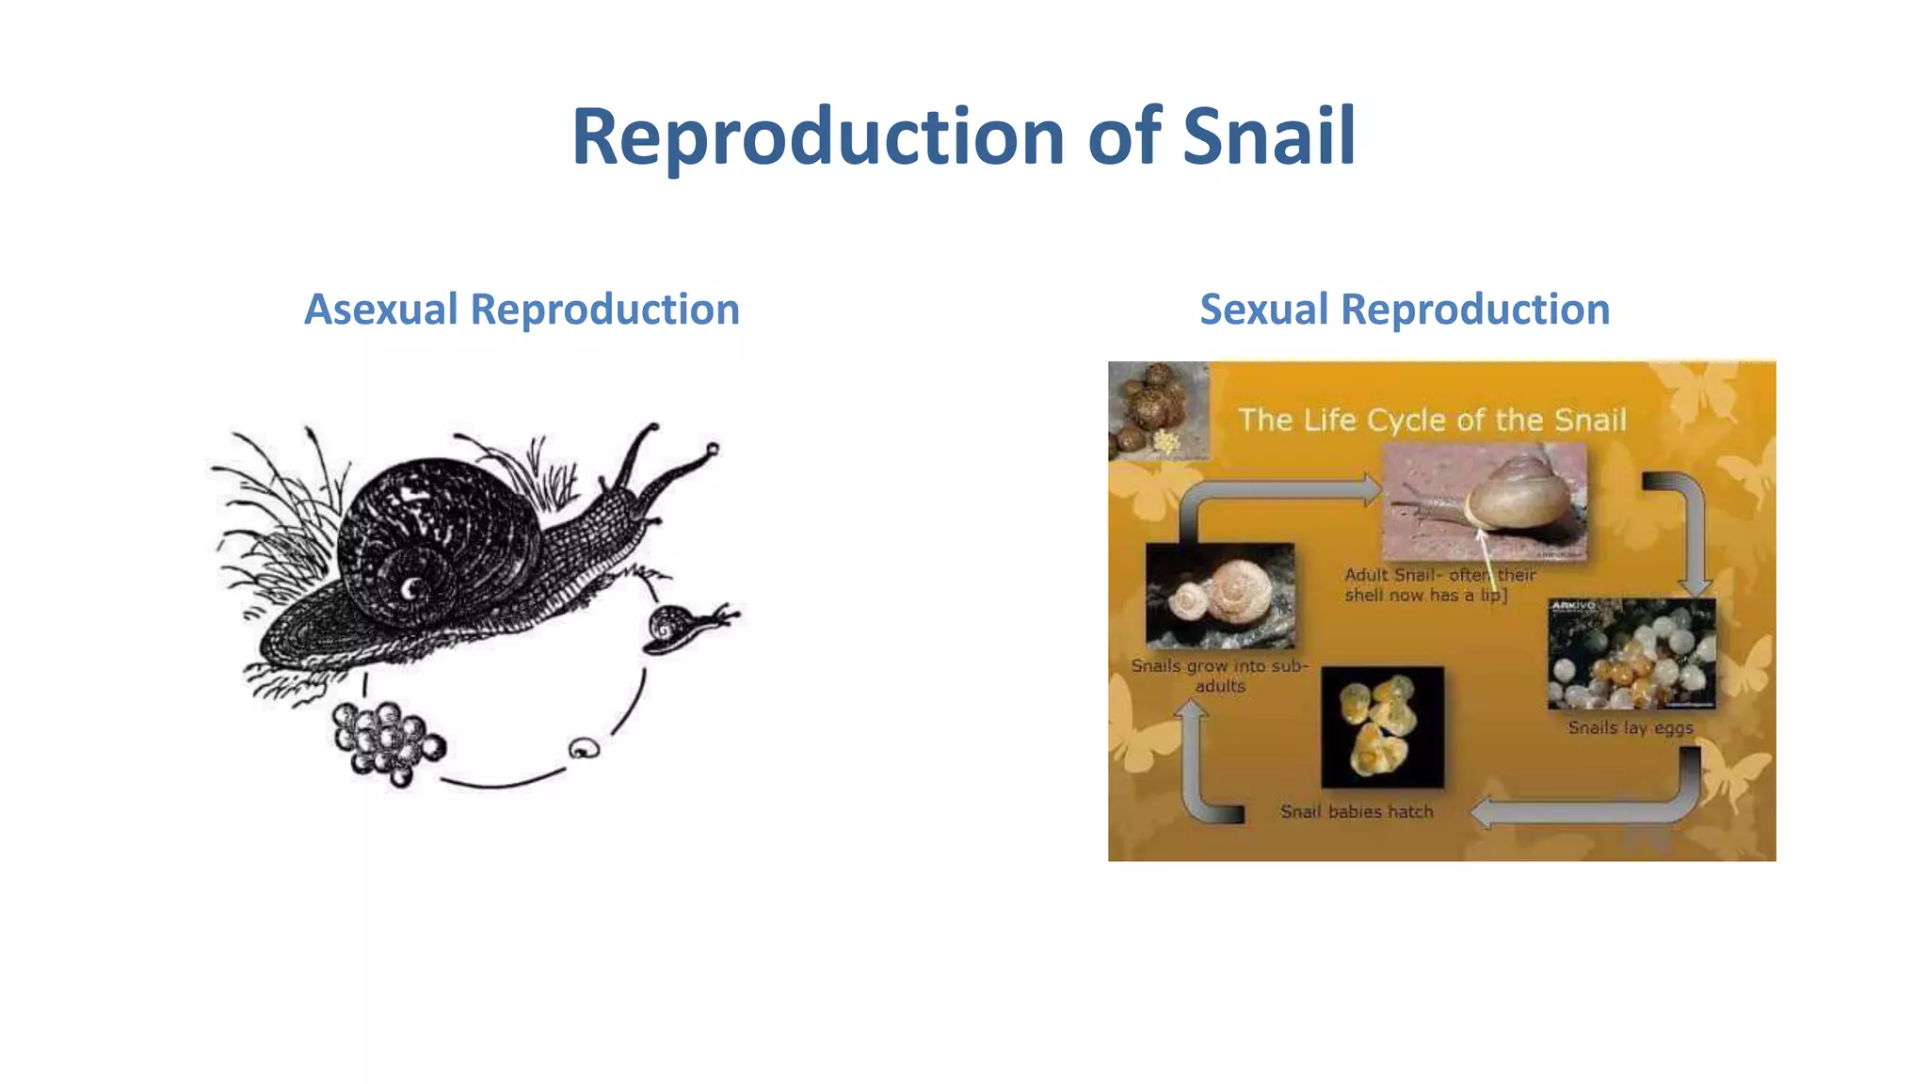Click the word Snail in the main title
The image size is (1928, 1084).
tap(1268, 137)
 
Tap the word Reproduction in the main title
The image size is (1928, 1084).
tap(817, 137)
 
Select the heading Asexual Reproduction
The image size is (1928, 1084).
tap(522, 310)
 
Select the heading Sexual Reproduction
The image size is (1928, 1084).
tap(1405, 310)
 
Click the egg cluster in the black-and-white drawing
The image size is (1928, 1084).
tap(387, 742)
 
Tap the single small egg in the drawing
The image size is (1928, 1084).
tap(584, 748)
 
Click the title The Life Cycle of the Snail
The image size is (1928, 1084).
tap(1431, 420)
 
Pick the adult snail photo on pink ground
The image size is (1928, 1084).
tap(1484, 502)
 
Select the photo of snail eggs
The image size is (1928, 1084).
tap(1631, 654)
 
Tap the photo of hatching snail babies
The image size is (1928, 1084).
tap(1382, 727)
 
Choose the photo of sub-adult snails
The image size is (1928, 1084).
tap(1220, 595)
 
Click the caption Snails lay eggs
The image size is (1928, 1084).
tap(1631, 727)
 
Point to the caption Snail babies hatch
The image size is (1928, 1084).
tap(1357, 811)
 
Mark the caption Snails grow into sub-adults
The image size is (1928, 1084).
tap(1220, 676)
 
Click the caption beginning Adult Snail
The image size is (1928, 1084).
tap(1438, 584)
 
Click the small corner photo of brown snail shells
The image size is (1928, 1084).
tap(1158, 409)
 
